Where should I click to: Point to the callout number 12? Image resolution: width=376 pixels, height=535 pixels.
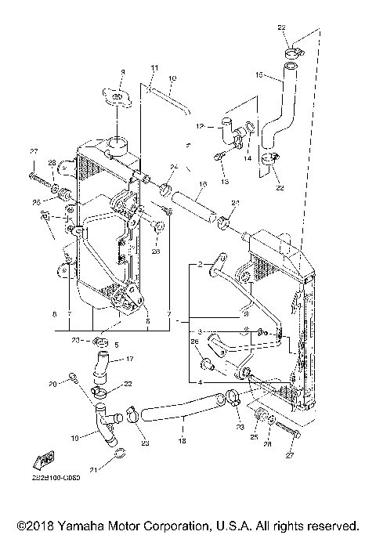(x=200, y=125)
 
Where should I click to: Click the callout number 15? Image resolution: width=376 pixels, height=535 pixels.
(x=259, y=76)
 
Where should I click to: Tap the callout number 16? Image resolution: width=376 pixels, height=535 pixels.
(x=202, y=186)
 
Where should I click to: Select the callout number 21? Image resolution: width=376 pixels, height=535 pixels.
(x=95, y=470)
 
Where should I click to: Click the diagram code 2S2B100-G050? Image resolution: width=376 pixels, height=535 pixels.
(x=45, y=476)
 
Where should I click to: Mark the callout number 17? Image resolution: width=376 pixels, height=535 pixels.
(x=130, y=360)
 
